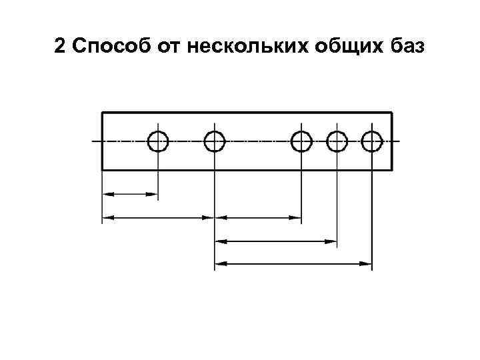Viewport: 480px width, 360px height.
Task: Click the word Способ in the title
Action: point(107,48)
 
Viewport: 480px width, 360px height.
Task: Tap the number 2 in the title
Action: point(59,48)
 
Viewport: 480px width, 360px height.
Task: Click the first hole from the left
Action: point(158,141)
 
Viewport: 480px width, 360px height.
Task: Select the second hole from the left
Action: point(214,141)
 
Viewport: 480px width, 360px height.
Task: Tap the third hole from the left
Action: point(302,141)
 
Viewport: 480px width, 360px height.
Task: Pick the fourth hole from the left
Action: point(337,141)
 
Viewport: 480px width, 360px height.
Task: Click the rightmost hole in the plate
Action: point(371,141)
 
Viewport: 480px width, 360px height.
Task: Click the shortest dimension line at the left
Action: point(130,195)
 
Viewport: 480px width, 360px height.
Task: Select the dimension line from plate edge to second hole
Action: point(158,217)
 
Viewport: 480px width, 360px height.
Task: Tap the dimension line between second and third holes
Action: point(258,217)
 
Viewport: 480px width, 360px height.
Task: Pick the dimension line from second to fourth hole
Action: point(276,241)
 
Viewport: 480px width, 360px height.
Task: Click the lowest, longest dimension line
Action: point(293,264)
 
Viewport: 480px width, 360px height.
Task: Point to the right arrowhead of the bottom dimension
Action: point(366,264)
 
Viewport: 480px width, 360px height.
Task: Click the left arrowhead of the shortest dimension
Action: point(107,195)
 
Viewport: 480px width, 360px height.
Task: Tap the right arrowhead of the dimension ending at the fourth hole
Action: point(332,241)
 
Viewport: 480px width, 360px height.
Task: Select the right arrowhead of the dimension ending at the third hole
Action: point(297,217)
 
